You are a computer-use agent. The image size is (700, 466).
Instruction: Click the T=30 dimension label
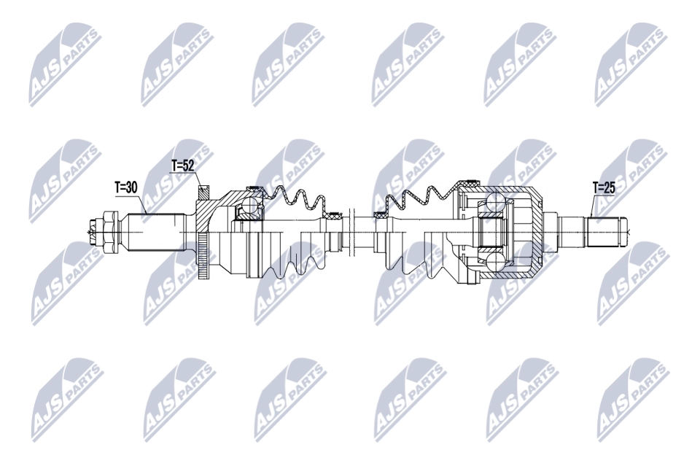[125, 188]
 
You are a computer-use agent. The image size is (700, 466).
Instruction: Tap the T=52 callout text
[182, 166]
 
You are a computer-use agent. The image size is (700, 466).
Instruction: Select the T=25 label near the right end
[604, 188]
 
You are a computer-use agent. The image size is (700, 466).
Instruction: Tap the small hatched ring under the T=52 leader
[203, 193]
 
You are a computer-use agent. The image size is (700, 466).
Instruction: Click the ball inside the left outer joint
[249, 206]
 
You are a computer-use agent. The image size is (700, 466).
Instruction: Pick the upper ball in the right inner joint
[496, 203]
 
